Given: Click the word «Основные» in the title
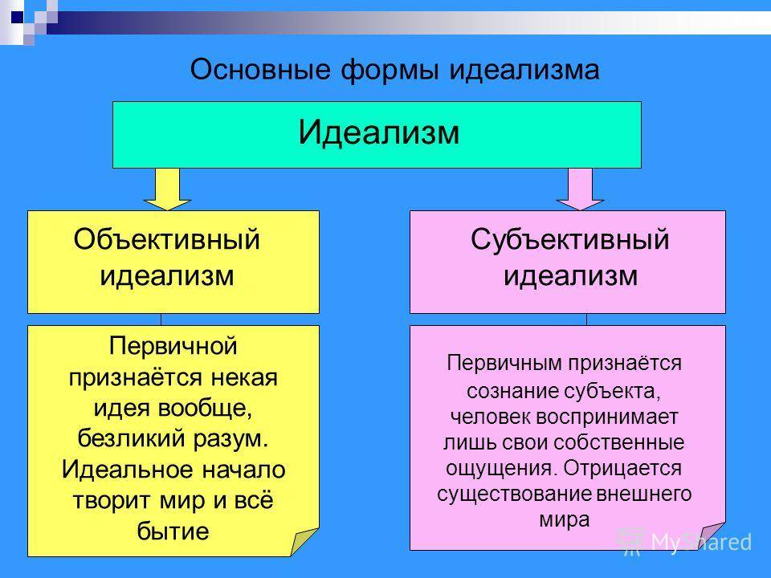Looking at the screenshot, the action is pyautogui.click(x=260, y=69).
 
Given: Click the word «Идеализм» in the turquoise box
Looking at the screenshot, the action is pyautogui.click(x=378, y=132).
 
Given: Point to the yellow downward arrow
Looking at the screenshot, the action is pyautogui.click(x=167, y=189).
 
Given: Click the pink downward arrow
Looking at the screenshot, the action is pyautogui.click(x=580, y=189).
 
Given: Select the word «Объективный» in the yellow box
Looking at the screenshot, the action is pyautogui.click(x=167, y=239).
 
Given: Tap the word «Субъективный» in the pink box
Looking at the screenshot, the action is pyautogui.click(x=570, y=239).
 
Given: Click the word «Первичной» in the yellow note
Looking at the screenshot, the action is pyautogui.click(x=173, y=346).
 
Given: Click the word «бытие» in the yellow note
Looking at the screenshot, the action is pyautogui.click(x=173, y=531).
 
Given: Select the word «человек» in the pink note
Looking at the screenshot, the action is pyautogui.click(x=490, y=417).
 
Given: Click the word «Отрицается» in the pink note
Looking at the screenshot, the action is pyautogui.click(x=622, y=468).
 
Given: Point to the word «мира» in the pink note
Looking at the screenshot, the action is pyautogui.click(x=565, y=519).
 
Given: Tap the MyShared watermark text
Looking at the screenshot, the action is pyautogui.click(x=701, y=542).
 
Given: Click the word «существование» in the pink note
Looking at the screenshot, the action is pyautogui.click(x=514, y=494).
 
